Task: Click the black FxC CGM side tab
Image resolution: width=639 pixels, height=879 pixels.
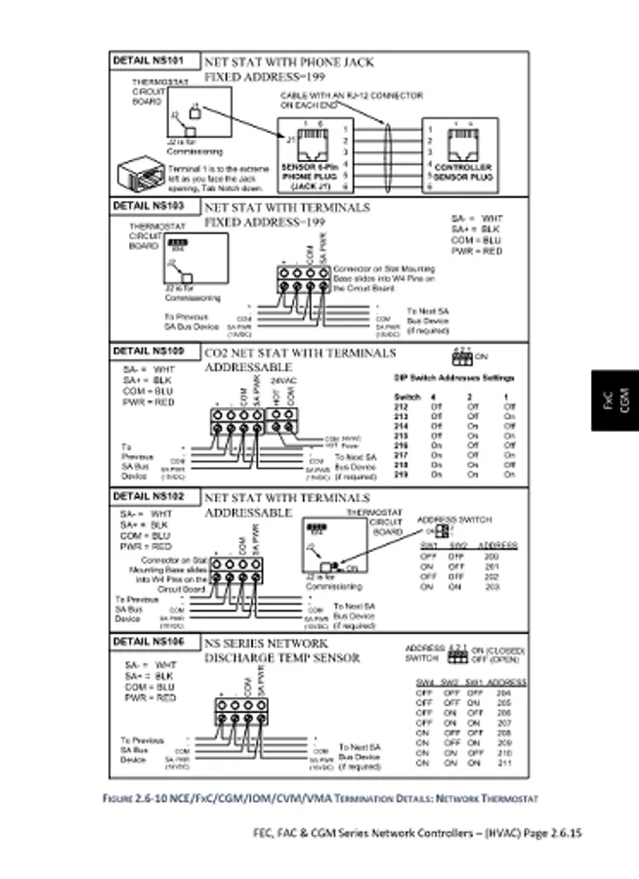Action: pos(613,399)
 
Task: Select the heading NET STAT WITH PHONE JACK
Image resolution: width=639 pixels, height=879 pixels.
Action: pos(289,63)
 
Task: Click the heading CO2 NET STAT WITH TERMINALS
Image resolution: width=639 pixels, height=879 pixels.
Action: pos(301,353)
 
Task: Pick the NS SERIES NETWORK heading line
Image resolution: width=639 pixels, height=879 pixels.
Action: pos(266,645)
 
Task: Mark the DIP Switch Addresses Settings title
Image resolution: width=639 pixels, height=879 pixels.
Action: pos(454,378)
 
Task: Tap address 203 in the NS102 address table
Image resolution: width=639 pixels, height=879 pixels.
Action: pos(491,587)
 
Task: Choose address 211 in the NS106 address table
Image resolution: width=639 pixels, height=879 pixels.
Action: pos(503,762)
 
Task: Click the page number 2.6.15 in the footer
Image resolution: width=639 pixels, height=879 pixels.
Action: pos(562,833)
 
